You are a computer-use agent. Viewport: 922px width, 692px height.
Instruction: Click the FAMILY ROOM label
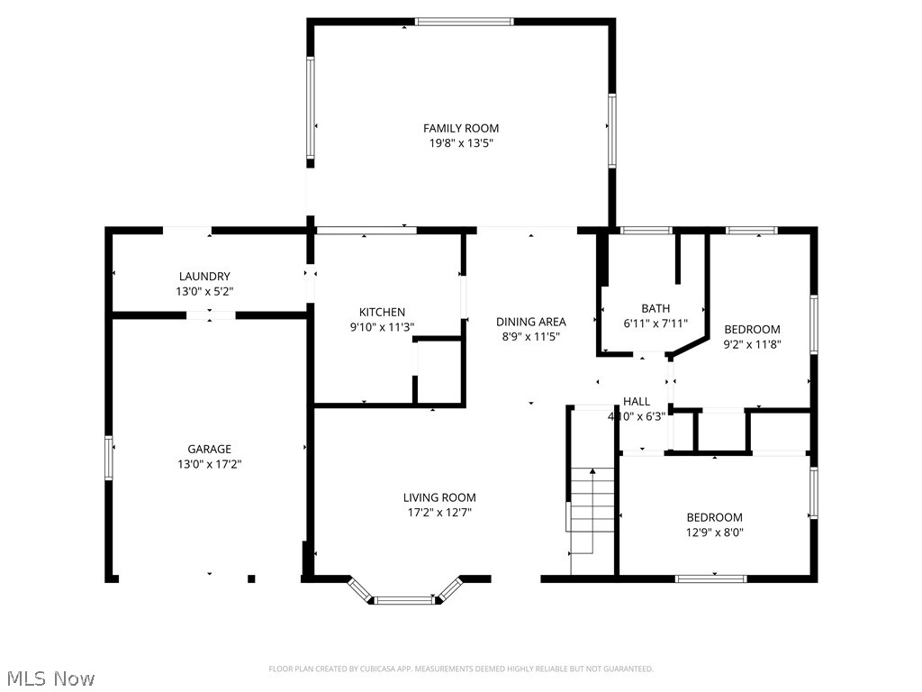point(461,128)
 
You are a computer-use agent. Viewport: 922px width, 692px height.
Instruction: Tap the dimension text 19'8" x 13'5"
point(461,143)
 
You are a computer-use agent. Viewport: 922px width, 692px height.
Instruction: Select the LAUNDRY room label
point(204,277)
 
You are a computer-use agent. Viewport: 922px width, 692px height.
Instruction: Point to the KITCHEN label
point(382,312)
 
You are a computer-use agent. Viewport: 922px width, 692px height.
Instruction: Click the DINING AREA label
point(530,322)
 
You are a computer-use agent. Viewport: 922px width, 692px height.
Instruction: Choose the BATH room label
point(655,308)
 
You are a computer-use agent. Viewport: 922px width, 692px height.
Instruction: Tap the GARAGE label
point(209,449)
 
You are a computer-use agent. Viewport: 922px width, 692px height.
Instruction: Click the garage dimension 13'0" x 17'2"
point(209,464)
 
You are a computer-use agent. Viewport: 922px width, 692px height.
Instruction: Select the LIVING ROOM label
point(439,497)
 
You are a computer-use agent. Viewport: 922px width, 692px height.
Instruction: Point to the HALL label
point(637,402)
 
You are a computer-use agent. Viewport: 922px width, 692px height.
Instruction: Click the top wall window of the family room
point(464,22)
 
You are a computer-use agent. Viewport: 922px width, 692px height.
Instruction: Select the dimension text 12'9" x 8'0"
point(715,533)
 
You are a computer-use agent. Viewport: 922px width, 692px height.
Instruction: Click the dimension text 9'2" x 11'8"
point(752,343)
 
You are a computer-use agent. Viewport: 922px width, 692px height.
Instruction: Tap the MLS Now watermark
point(49,678)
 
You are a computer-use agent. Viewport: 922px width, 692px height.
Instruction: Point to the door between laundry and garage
point(211,315)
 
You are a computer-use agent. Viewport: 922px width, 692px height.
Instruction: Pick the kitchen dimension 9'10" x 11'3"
point(382,327)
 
